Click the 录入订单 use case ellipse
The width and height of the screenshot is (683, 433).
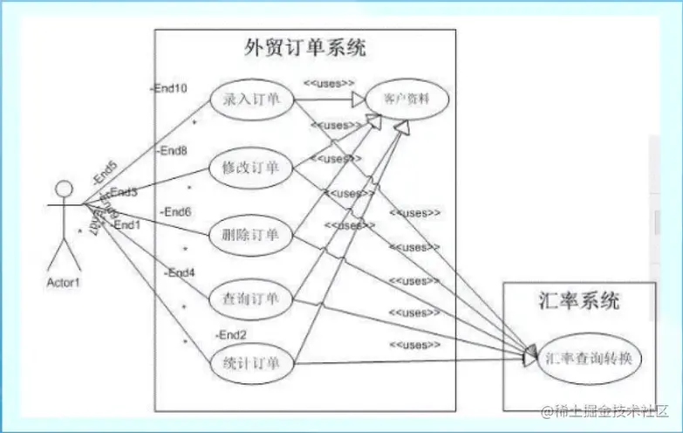(x=251, y=100)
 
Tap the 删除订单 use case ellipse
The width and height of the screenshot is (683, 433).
(x=251, y=234)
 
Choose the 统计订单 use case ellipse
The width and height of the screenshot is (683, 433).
(x=251, y=361)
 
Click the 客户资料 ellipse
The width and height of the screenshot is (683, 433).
(x=406, y=100)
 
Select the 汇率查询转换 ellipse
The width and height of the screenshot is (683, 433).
(x=592, y=358)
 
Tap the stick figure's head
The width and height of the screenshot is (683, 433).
(x=63, y=189)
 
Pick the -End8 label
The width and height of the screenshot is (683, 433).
(x=173, y=150)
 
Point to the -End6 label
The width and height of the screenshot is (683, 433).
(x=176, y=211)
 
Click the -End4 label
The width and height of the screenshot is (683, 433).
(x=181, y=272)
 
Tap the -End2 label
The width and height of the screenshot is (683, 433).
(x=232, y=334)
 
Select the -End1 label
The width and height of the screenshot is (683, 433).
(x=127, y=224)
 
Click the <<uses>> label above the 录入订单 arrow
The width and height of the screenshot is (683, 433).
(x=329, y=84)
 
